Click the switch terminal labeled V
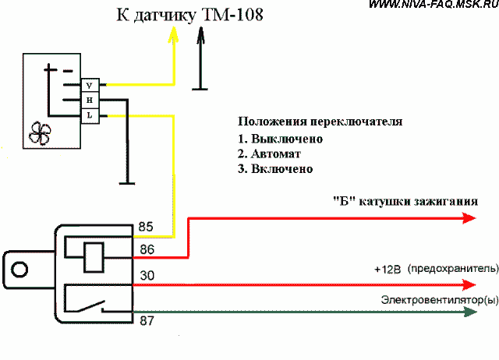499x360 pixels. click(90, 85)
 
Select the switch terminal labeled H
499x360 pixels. click(90, 101)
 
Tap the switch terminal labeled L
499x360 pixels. click(90, 116)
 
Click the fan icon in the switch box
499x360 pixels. click(40, 133)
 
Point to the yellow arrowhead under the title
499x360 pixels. click(173, 34)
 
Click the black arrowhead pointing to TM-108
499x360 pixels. click(200, 35)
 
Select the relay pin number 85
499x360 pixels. click(146, 227)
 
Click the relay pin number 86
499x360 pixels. click(147, 249)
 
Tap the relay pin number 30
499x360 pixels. click(147, 275)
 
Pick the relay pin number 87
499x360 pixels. click(147, 320)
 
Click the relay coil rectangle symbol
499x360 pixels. click(94, 257)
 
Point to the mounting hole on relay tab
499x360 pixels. click(19, 270)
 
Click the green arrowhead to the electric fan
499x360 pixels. click(470, 312)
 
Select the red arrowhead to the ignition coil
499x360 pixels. click(469, 218)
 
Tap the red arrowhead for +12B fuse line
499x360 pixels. click(469, 284)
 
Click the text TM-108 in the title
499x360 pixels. click(232, 15)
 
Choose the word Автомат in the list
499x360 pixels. click(276, 154)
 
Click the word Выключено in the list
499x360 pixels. click(287, 139)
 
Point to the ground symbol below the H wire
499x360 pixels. click(127, 183)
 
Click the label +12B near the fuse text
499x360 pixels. click(388, 270)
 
